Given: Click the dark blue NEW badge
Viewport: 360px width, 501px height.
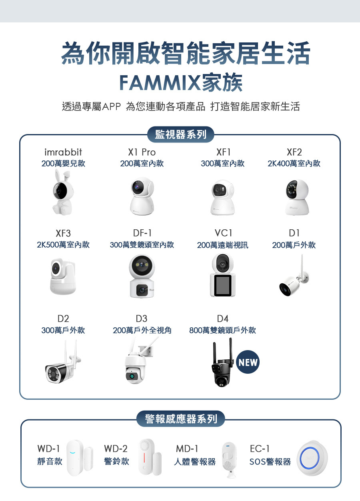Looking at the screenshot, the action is (248, 363).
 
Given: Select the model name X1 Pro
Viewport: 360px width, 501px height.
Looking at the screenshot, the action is (142, 152).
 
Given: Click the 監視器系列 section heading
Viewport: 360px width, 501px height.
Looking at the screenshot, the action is (180, 134).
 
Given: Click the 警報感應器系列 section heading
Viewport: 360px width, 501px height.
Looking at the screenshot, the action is (181, 419).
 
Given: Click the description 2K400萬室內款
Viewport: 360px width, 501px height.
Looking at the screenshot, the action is (294, 163).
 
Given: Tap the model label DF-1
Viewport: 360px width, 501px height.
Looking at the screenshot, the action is (142, 233).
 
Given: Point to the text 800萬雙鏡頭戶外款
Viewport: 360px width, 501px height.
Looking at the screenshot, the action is (222, 330).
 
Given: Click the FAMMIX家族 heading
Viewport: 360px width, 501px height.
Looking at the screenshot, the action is (181, 82).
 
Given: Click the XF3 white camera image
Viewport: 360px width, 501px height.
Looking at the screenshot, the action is (62, 276).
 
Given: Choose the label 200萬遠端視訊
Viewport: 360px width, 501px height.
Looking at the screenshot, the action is (222, 245).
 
